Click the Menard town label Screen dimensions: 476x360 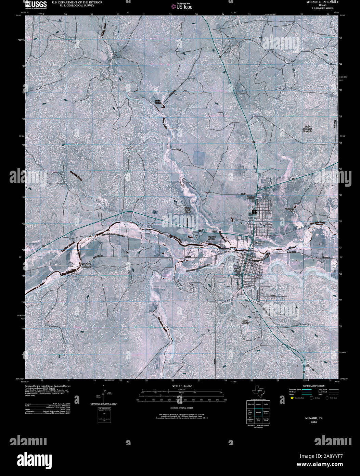[x=260, y=242]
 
